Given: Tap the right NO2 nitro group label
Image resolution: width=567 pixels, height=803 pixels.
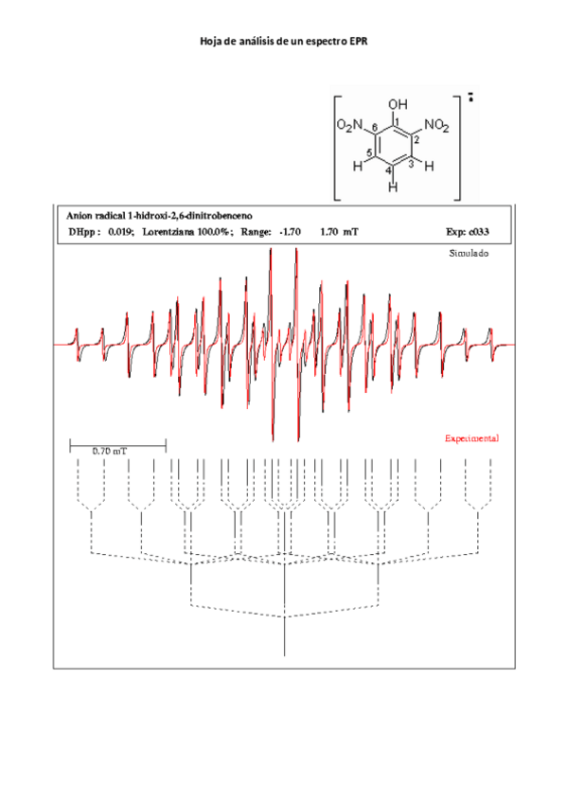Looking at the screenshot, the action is (436, 125).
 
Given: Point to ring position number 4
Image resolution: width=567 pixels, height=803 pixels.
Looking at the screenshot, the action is (388, 170).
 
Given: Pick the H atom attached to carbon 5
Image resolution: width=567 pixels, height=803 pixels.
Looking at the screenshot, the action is (358, 166).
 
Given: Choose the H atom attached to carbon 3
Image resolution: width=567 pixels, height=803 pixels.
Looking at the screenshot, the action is (429, 166).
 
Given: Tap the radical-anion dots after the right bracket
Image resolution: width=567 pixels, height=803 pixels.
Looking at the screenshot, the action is (470, 96).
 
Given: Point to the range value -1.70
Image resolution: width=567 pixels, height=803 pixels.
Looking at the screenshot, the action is (290, 232).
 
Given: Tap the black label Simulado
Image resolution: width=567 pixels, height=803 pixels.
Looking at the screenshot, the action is (469, 255).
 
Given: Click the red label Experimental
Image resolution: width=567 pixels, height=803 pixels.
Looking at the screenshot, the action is (471, 439).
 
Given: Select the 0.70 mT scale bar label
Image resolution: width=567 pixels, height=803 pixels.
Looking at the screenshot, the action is (109, 451).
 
